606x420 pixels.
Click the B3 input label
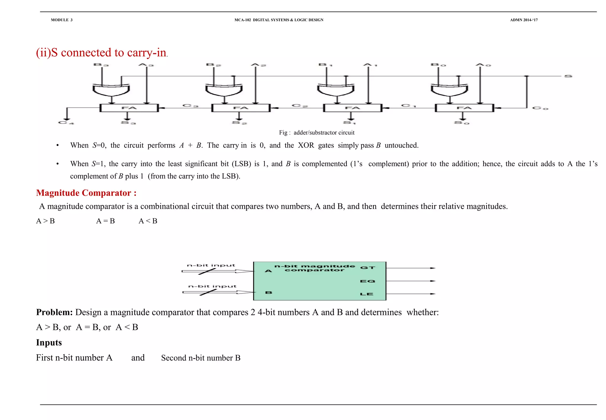tap(101, 65)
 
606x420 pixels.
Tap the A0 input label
tap(483, 65)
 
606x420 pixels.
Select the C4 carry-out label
tap(66, 122)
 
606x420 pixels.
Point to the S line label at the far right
tap(568, 76)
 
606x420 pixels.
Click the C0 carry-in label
tap(540, 108)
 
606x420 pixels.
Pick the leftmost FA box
tap(129, 108)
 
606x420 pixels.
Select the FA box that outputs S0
tap(464, 108)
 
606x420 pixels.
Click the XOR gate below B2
tap(224, 90)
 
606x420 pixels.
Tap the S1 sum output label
tap(349, 122)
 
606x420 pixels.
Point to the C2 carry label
tap(300, 105)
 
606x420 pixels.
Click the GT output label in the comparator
tap(368, 268)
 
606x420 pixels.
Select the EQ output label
tap(368, 281)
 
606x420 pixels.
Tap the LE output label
tap(367, 294)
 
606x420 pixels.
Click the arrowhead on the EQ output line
tap(433, 281)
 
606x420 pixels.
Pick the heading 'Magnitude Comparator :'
tap(86, 193)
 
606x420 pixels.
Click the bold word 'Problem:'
tap(54, 312)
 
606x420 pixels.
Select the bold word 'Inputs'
tap(49, 342)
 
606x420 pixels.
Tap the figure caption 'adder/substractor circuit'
tap(324, 132)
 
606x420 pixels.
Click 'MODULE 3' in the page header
tap(62, 20)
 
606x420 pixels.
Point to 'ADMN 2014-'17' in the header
tap(524, 20)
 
